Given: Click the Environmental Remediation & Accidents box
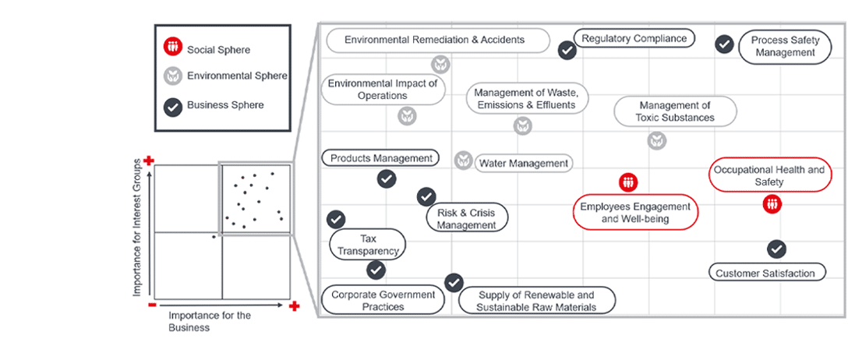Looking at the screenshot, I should [438, 41].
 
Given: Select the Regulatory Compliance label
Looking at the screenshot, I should [634, 38].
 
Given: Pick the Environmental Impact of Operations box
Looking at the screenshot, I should [383, 89].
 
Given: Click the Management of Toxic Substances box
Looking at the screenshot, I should [674, 111].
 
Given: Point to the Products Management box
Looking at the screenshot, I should [380, 158].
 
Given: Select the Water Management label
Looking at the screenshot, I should [523, 164].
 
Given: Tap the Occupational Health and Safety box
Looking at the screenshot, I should [768, 175].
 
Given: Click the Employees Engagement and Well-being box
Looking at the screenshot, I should [635, 212].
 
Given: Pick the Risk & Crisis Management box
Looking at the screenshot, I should [466, 218].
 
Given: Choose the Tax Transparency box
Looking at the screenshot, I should [368, 245].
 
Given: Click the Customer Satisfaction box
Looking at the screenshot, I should [765, 273].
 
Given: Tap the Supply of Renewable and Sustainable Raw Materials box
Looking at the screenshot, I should [536, 301].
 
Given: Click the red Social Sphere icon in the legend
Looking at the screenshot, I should [172, 48].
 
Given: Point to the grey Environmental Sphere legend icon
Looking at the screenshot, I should [172, 76].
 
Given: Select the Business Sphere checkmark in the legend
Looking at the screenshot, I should [172, 105].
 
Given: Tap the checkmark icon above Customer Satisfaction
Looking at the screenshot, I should [776, 249].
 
